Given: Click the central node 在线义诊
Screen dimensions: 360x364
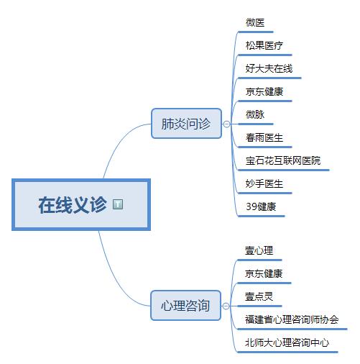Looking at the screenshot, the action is [x=81, y=204].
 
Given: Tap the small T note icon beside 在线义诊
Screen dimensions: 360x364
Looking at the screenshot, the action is [x=118, y=204].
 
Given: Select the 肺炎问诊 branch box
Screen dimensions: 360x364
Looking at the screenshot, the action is [x=186, y=124].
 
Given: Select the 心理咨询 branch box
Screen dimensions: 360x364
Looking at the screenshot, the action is [x=185, y=305].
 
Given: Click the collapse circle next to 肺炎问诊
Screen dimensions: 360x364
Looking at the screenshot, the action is [x=226, y=124].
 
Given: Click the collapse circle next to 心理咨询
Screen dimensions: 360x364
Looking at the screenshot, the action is [x=226, y=306].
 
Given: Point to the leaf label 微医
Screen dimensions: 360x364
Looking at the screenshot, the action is [x=255, y=22].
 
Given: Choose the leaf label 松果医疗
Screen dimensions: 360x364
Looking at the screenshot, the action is [x=264, y=45].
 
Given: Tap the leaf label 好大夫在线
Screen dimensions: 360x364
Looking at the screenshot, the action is [x=269, y=68].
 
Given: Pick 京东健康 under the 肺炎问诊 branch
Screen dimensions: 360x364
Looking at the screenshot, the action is [x=264, y=91].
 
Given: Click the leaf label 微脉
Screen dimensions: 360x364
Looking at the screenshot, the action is [x=255, y=114].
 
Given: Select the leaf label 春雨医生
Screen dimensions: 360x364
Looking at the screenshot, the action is [x=264, y=137].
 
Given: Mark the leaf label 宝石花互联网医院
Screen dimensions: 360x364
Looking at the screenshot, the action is [x=283, y=160].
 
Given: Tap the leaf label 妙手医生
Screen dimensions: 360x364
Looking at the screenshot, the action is [x=264, y=183].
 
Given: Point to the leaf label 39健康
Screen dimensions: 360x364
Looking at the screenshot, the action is [x=261, y=206].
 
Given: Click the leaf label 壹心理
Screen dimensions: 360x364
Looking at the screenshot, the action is [x=259, y=250].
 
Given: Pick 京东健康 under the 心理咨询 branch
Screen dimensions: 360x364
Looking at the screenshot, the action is [x=264, y=273].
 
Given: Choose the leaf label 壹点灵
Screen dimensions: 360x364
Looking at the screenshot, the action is [x=259, y=296].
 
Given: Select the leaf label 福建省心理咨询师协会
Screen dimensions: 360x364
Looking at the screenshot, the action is [x=292, y=319].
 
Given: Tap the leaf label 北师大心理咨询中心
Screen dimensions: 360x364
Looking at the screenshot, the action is [x=287, y=342].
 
